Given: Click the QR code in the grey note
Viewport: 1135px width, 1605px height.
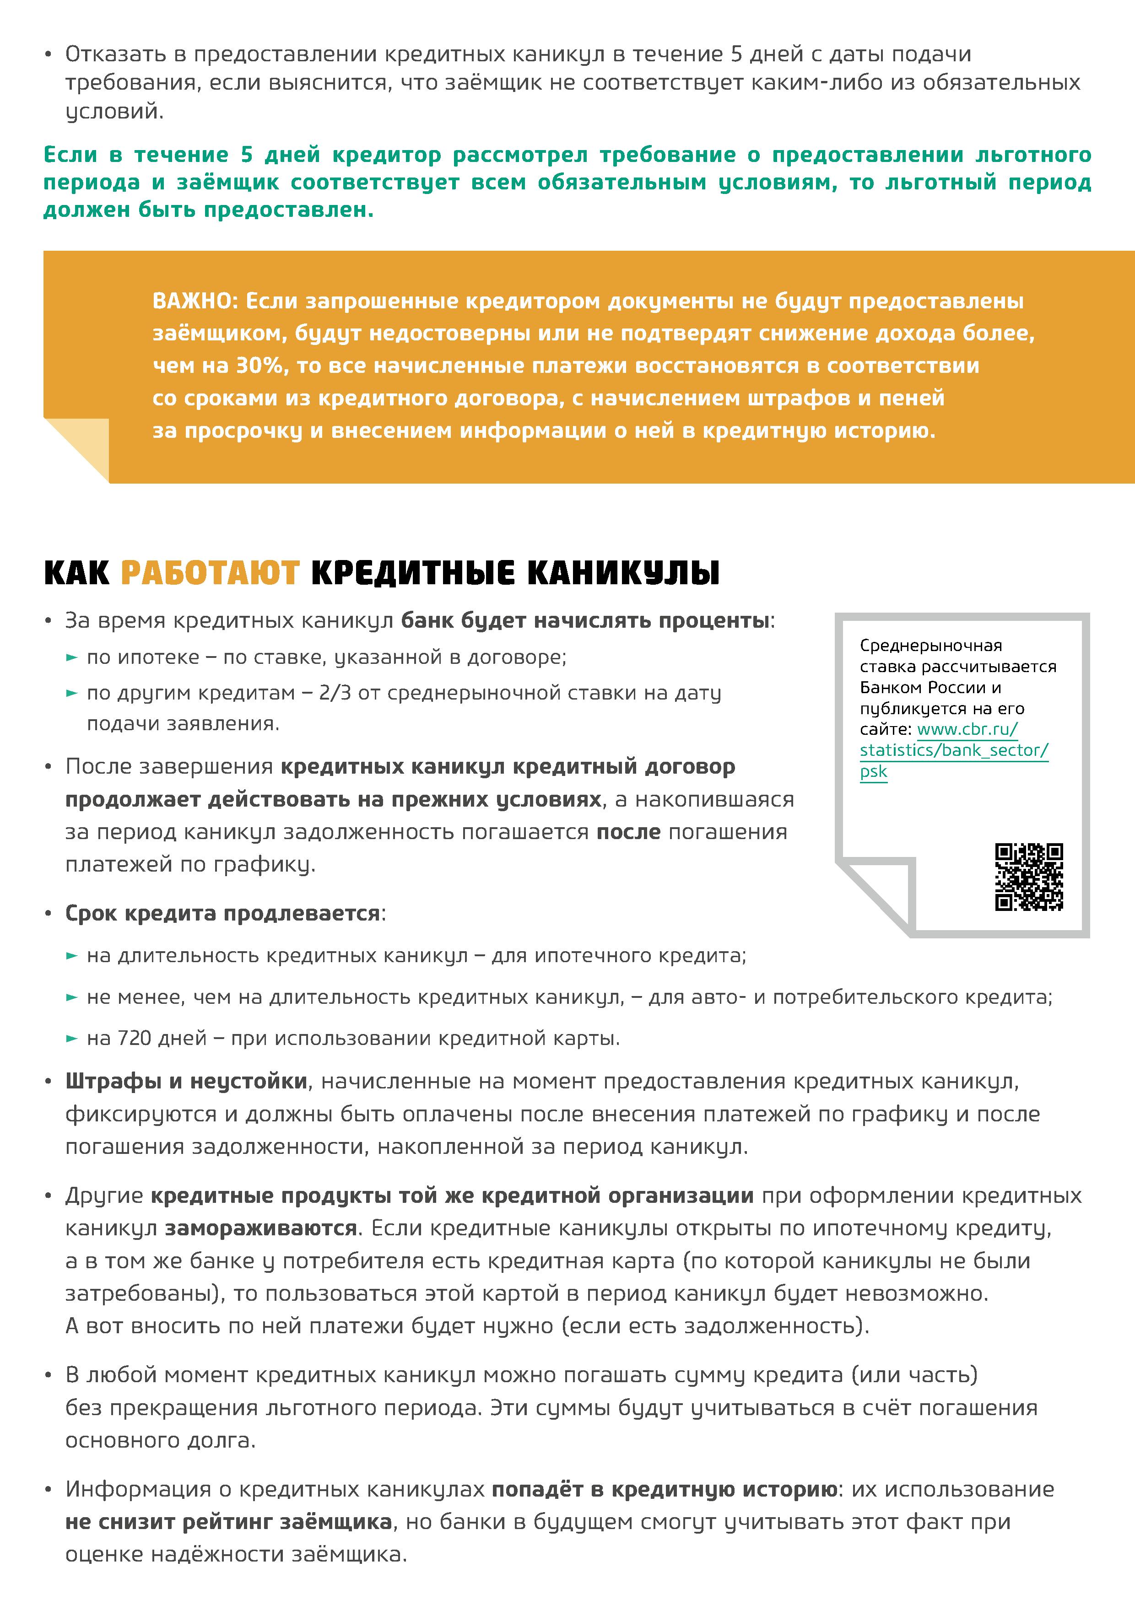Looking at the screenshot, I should click(1029, 877).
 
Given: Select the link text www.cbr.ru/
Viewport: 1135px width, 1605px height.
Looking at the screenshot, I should click(967, 729).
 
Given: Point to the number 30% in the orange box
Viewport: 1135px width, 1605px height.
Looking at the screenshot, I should click(260, 366).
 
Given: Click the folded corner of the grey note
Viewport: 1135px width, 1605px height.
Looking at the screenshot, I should click(876, 896).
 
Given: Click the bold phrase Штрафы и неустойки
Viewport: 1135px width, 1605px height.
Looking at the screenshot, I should click(186, 1082).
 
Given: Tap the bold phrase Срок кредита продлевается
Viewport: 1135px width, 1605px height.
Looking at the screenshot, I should click(222, 913).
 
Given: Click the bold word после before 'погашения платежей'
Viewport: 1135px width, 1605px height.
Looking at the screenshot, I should click(628, 832).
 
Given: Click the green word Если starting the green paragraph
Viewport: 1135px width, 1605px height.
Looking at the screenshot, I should click(70, 155).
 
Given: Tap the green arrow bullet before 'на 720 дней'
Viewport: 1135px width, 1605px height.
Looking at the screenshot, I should click(71, 1039).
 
